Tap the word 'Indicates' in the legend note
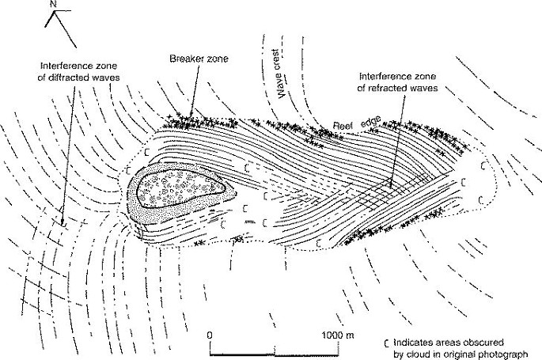tap(413, 343)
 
